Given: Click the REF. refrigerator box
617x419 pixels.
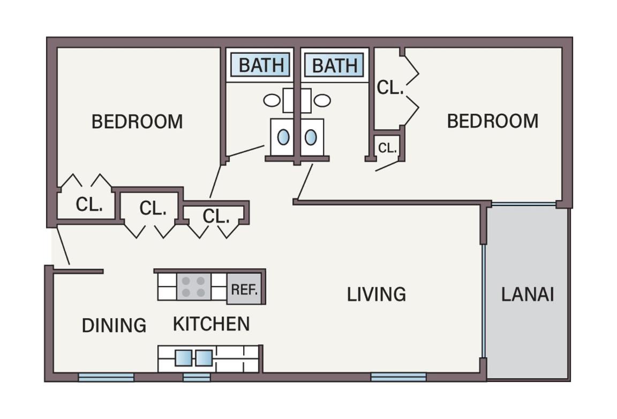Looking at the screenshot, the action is point(244,289).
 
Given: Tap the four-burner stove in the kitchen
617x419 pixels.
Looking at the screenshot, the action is point(193,286).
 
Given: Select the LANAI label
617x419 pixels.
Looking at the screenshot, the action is point(527,295).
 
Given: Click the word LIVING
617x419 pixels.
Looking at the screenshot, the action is point(376,295).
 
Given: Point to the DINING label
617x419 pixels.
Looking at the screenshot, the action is point(114,326).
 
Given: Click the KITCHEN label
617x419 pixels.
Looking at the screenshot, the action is point(212,324).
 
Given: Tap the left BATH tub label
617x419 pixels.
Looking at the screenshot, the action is point(261,65).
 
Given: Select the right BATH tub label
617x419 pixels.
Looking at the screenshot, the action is point(335,65).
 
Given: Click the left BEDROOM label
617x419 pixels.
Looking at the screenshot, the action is point(137,121).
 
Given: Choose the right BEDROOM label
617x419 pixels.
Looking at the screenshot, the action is point(493,121).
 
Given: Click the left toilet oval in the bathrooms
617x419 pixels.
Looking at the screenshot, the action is point(272,100).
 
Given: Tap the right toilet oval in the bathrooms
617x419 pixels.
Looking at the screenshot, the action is point(322,100).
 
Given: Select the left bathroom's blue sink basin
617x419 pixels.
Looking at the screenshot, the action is point(283,137).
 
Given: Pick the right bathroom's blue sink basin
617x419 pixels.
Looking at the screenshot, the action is point(311,137).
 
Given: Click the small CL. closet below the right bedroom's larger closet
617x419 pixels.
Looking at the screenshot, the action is point(387,148).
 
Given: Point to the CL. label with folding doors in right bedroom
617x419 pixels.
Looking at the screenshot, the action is point(390,87).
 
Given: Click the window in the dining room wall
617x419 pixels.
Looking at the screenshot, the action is point(106,377).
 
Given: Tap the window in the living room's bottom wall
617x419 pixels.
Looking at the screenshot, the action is point(398,377).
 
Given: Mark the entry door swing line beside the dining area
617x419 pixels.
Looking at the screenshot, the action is point(63,245).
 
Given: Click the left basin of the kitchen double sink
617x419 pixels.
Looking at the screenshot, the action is point(183,358).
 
